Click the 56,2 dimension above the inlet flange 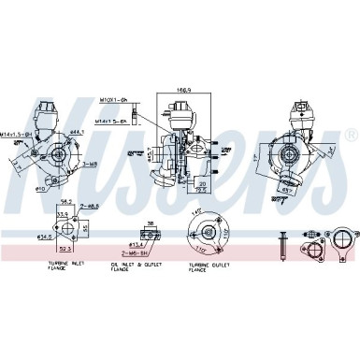[x=66, y=201]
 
